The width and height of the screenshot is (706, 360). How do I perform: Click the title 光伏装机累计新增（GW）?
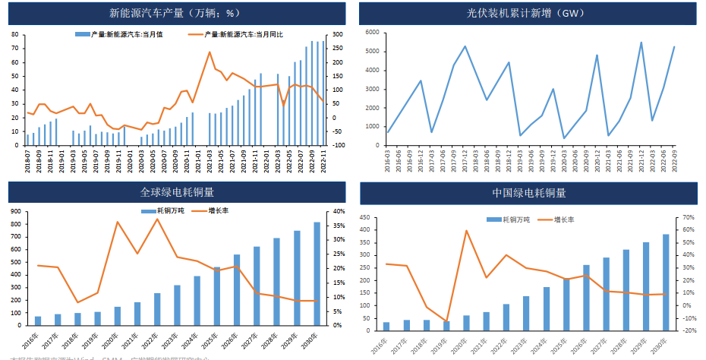(x=529, y=13)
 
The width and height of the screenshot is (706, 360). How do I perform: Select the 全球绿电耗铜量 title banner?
(x=177, y=192)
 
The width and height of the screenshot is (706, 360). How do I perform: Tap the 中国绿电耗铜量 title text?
(x=529, y=192)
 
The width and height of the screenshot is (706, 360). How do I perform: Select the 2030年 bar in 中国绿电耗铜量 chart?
(x=666, y=283)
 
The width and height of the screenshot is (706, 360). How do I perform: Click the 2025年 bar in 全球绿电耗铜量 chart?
(x=217, y=296)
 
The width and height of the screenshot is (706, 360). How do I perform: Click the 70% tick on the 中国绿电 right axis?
(x=689, y=217)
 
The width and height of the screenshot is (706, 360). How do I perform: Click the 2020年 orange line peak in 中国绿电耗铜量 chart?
(x=466, y=231)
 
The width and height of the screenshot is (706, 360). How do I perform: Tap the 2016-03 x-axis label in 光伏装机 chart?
(x=388, y=157)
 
